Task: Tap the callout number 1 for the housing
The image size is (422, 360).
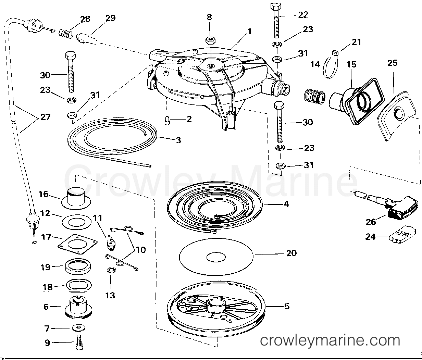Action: point(249,32)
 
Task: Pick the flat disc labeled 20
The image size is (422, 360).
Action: point(216,257)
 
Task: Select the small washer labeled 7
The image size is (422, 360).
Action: point(78,328)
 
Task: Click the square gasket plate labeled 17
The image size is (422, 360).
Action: point(77,244)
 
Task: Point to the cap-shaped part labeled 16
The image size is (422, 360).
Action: point(76,197)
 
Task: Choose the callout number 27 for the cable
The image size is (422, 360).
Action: point(45,117)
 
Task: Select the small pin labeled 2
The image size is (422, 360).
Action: point(167,120)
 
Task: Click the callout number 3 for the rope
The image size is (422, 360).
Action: point(178,140)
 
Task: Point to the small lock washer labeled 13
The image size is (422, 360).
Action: point(111,270)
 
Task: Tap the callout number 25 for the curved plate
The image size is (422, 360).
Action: point(393,63)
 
